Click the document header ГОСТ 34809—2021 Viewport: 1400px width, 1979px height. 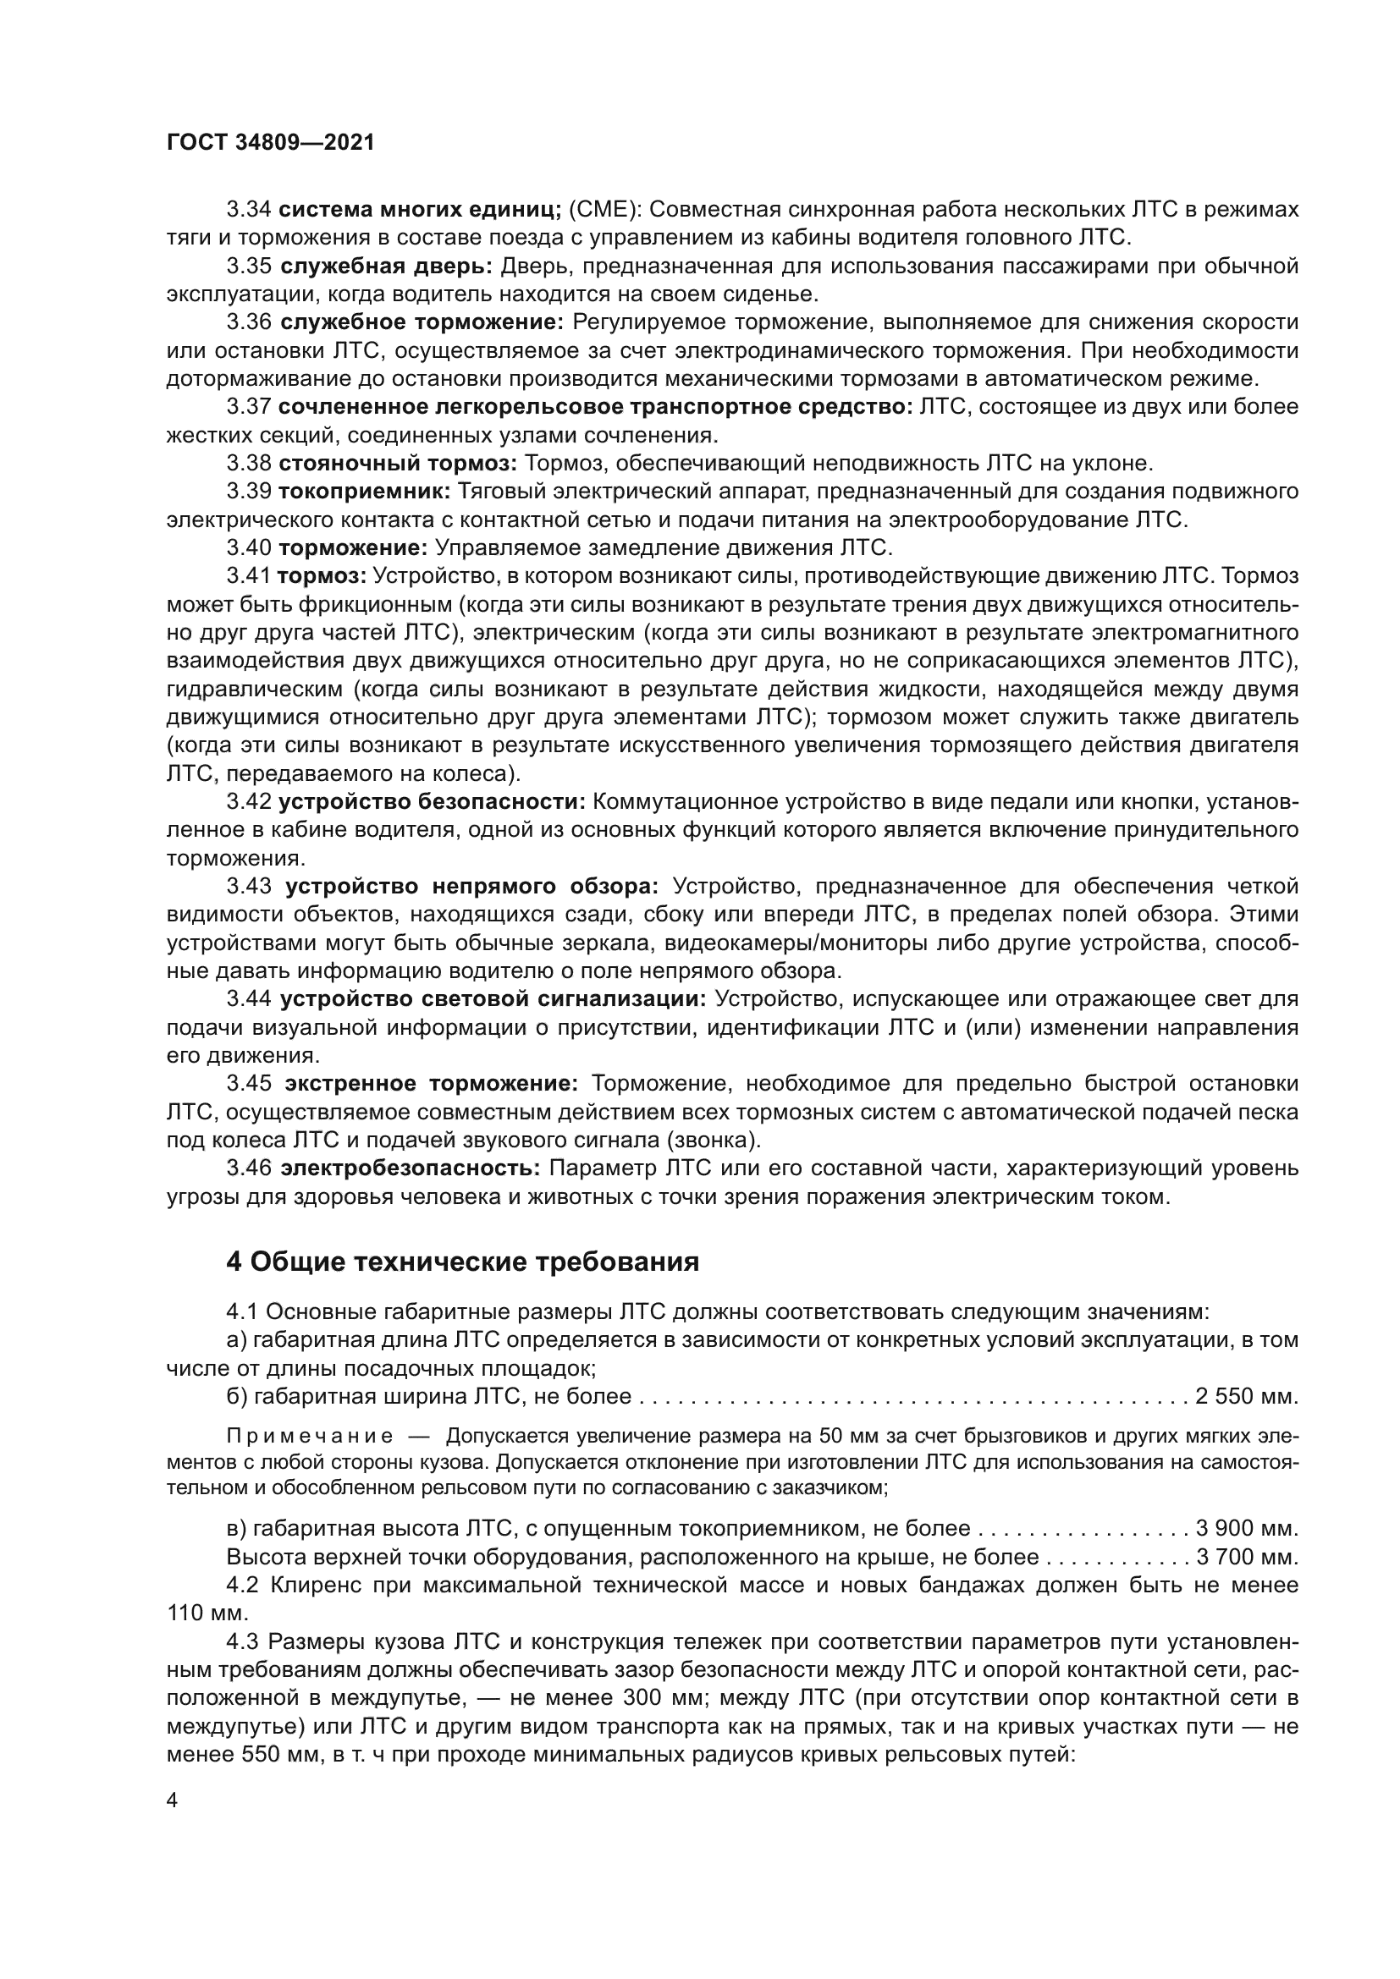click(x=271, y=143)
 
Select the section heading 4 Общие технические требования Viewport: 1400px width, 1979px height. click(x=462, y=1262)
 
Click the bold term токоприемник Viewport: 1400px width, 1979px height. click(x=365, y=492)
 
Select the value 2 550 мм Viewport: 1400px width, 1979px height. click(x=1246, y=1396)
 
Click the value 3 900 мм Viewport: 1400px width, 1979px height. click(x=1246, y=1529)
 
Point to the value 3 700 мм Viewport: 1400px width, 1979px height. click(x=1246, y=1558)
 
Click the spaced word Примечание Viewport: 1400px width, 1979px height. click(x=310, y=1437)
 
